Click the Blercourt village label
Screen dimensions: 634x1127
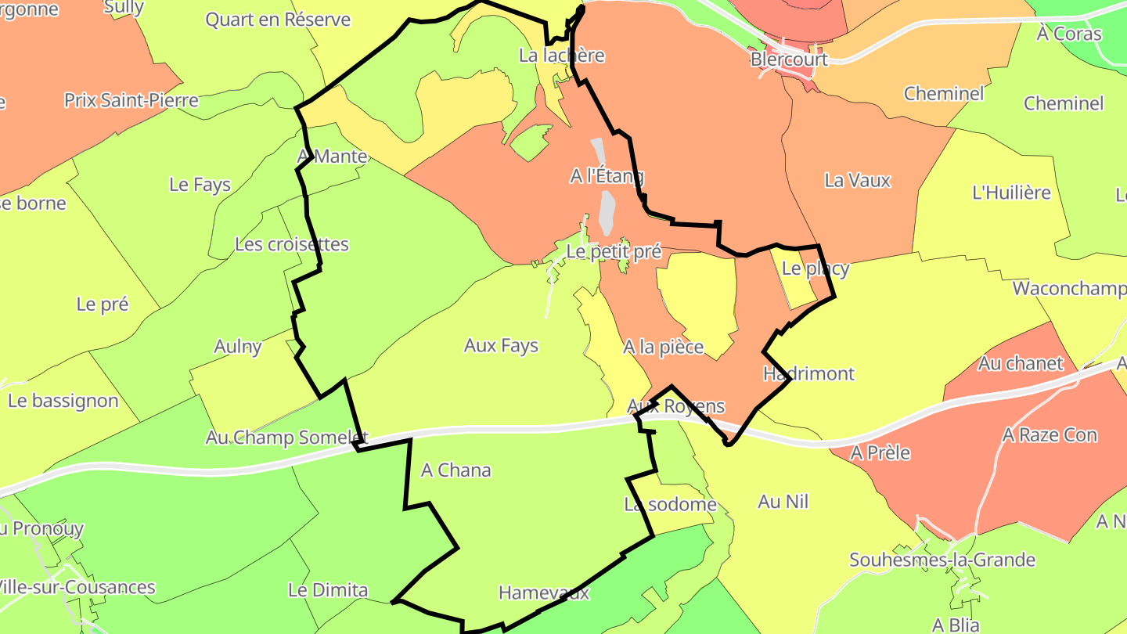tap(788, 59)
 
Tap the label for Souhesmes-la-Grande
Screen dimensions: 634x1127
tap(942, 560)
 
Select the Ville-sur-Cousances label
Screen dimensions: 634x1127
tap(77, 587)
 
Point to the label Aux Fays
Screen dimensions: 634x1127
tap(501, 345)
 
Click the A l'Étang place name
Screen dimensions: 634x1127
tap(607, 176)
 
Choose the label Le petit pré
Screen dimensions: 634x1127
tap(614, 252)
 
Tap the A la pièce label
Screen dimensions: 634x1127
tap(664, 347)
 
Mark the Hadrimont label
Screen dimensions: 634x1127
tap(809, 373)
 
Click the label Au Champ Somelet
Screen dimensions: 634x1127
tap(286, 438)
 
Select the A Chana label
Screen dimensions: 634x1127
tap(456, 470)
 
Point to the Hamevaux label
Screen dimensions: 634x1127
tap(544, 593)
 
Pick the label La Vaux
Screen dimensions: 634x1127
tap(858, 181)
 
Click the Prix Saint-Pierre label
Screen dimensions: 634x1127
tap(131, 101)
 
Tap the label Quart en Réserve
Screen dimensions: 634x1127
tap(278, 20)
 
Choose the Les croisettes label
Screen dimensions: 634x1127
tap(292, 244)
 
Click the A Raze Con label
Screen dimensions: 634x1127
tap(1050, 435)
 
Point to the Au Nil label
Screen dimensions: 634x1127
tap(783, 502)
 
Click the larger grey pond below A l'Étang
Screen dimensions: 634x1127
tap(606, 213)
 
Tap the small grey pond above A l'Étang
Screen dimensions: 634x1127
tap(599, 149)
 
